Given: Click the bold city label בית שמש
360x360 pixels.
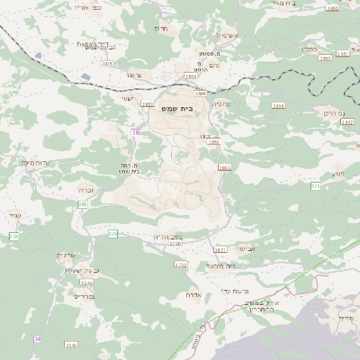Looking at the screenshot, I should (177, 108).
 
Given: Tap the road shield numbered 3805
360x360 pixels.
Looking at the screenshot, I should (108, 64).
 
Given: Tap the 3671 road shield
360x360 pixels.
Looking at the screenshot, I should (220, 249).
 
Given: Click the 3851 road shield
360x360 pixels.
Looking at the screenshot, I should (342, 54).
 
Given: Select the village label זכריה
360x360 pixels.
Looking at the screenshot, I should (85, 191).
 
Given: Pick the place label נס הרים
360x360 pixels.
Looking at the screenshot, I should (333, 113).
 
